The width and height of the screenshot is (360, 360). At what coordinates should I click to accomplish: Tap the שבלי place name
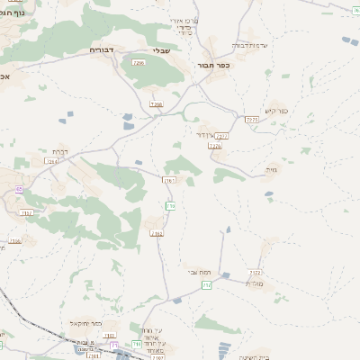point(161,50)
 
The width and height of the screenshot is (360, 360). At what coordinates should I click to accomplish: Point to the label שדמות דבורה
point(251,45)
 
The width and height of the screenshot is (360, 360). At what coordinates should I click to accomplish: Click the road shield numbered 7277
point(223,136)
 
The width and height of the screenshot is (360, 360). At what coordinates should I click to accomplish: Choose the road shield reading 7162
point(157,233)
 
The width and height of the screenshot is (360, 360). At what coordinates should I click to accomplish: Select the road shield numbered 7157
point(25,212)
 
